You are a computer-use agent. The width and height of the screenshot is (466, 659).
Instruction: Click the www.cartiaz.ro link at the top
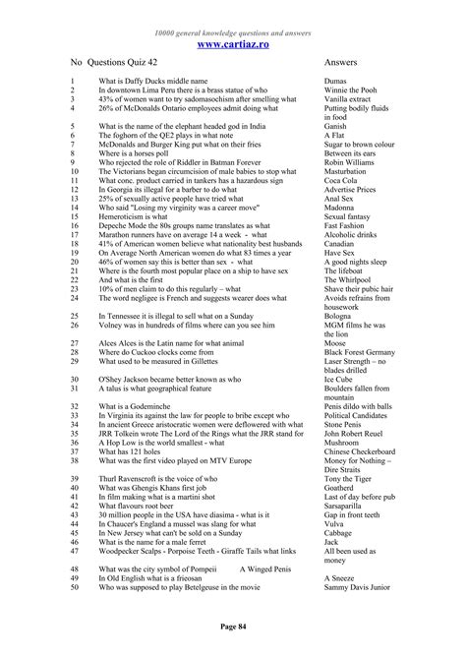click(x=233, y=44)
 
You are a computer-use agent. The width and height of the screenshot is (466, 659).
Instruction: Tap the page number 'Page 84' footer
click(x=233, y=626)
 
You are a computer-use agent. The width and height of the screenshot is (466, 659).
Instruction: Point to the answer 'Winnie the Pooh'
click(x=351, y=90)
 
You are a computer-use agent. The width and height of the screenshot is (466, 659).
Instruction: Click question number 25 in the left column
click(x=75, y=315)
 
